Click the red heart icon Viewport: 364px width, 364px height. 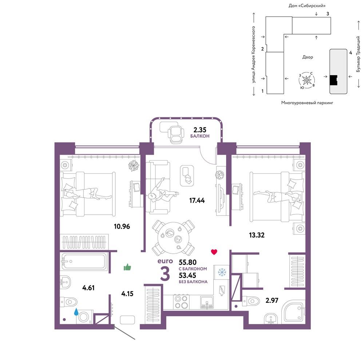tap(214, 252)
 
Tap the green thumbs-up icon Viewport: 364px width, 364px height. tap(127, 268)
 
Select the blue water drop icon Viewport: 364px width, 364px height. tap(76, 312)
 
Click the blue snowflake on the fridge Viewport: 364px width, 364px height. tap(222, 272)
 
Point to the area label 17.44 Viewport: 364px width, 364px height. tap(197, 200)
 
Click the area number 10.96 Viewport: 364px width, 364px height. tap(122, 226)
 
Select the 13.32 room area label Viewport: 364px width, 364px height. tap(257, 235)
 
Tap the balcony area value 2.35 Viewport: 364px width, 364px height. tap(200, 130)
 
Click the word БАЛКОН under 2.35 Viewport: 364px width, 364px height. tap(200, 136)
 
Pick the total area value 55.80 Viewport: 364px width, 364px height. tap(187, 262)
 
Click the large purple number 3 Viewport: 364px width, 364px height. tap(165, 274)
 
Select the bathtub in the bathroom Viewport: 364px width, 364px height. tap(84, 261)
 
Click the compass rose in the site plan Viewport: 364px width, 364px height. tap(306, 80)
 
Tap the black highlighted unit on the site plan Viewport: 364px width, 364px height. tap(333, 80)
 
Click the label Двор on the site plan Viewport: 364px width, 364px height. tap(308, 57)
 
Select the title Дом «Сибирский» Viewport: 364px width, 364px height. tap(307, 5)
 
